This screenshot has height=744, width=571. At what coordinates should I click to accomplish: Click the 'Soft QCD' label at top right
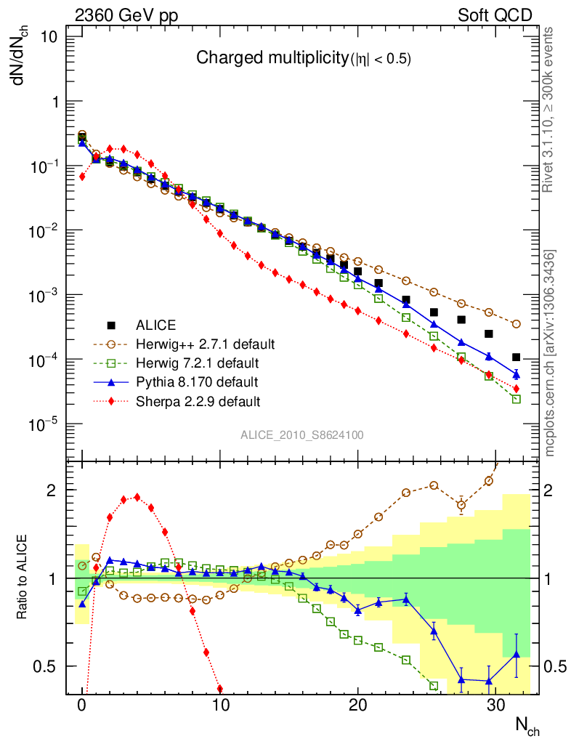pyautogui.click(x=495, y=15)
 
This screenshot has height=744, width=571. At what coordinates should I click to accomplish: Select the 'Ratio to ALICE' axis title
pyautogui.click(x=24, y=578)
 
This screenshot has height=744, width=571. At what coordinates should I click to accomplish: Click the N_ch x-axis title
pyautogui.click(x=526, y=726)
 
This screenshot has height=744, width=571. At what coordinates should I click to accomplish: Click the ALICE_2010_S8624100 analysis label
pyautogui.click(x=302, y=435)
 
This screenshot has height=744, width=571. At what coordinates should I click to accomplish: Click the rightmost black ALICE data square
pyautogui.click(x=517, y=357)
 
